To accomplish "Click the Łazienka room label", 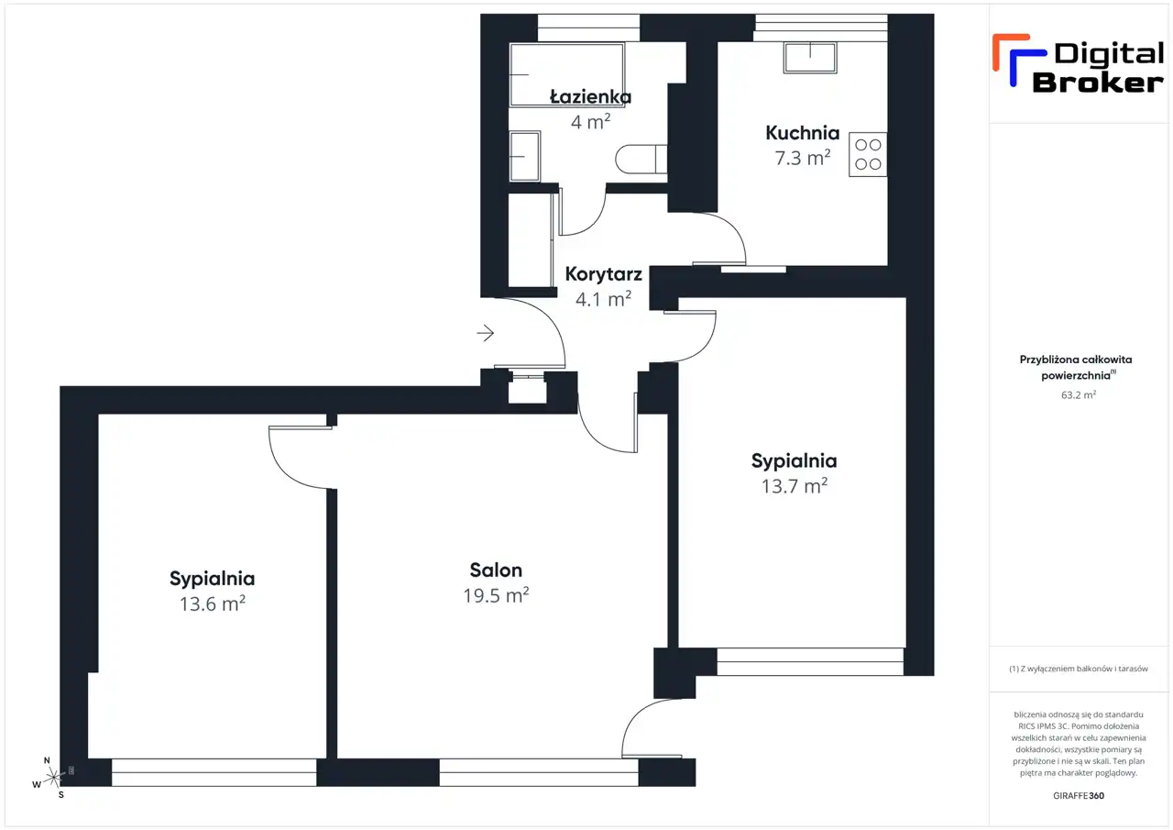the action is tap(590, 96).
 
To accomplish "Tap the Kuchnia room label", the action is tap(802, 133).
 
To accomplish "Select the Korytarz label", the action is tap(603, 274).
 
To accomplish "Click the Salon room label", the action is tap(496, 570).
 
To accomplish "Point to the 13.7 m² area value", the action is tap(794, 486).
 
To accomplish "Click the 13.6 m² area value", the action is tap(212, 603).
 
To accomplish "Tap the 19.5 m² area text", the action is tap(496, 595).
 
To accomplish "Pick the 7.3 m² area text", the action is tap(802, 158).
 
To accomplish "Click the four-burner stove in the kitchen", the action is tap(868, 154).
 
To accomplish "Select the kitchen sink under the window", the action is tap(810, 58).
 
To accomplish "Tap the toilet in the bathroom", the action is tap(641, 159).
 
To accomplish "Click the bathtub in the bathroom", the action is tap(567, 75).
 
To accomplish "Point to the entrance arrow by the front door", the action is tap(486, 333).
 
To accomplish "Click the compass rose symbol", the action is tap(53, 778).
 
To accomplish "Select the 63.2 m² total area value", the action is tap(1079, 394).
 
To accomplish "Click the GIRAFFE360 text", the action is tap(1079, 795).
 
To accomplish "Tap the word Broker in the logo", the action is tap(1098, 83).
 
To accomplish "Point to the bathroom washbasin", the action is tap(525, 156).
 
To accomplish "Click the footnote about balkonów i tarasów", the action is tap(1079, 669).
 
